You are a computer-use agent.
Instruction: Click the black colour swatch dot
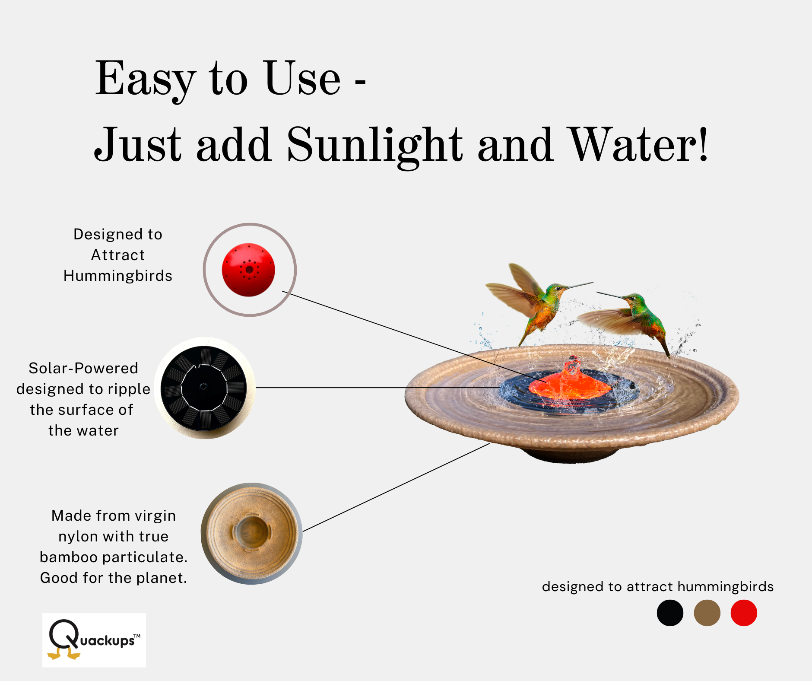coord(670,613)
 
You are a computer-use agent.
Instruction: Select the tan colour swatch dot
coord(707,613)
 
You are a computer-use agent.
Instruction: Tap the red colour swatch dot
coord(744,613)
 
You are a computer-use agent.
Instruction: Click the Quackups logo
coord(94,640)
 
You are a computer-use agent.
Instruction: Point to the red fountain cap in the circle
coord(248,270)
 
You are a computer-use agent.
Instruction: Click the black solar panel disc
coord(203,388)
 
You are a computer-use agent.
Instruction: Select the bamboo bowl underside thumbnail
coord(251,533)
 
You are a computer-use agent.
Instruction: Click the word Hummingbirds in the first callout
coord(118,276)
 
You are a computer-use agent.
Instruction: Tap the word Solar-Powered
coord(83,368)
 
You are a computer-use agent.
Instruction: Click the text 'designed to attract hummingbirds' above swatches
coord(658,586)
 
